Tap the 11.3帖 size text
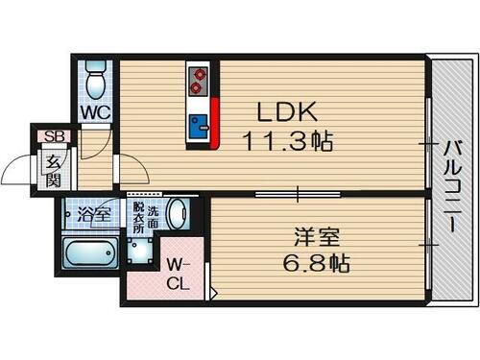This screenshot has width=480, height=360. tap(288, 141)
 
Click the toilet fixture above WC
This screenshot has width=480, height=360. tap(94, 81)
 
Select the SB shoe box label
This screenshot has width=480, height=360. tap(45, 135)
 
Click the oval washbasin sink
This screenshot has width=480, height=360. tap(175, 213)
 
